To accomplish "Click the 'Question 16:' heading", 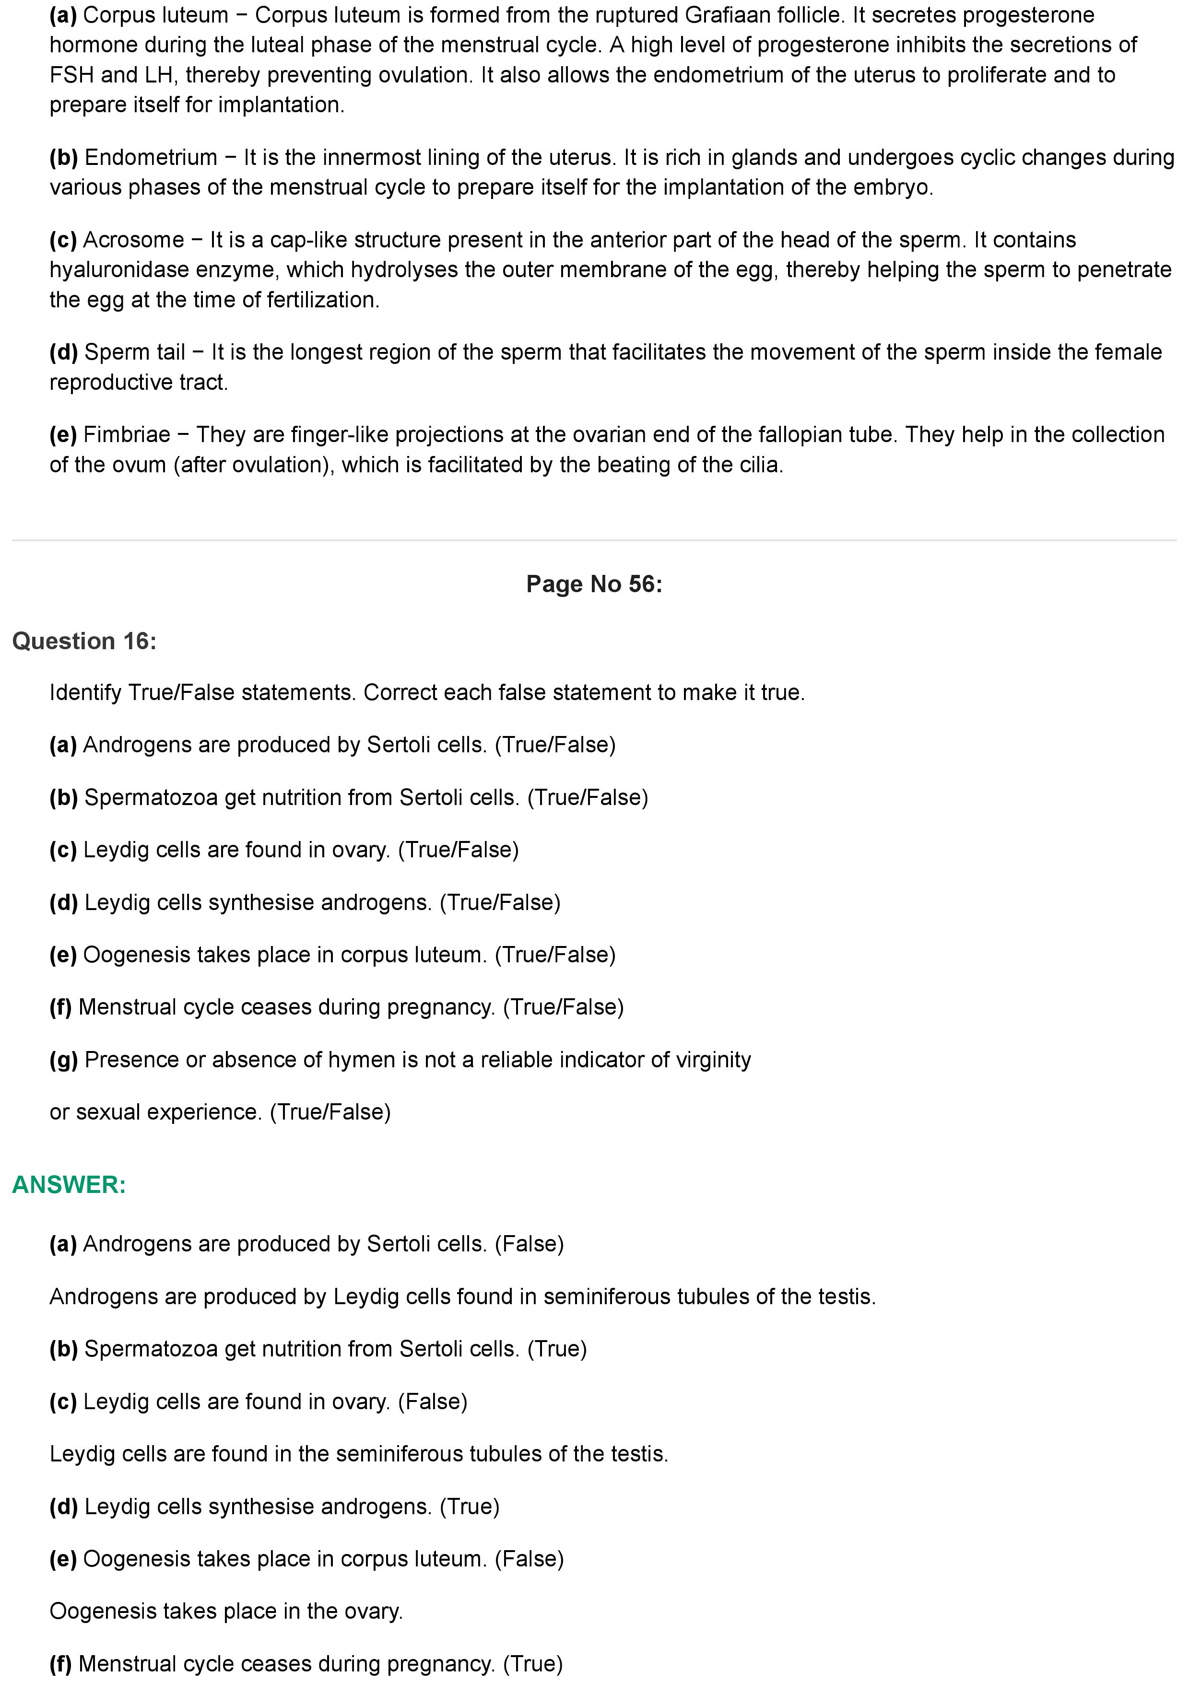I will [84, 641].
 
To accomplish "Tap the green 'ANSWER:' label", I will [69, 1185].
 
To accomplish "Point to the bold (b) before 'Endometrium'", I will [64, 157].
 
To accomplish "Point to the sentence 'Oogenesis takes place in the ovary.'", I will [225, 1612].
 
